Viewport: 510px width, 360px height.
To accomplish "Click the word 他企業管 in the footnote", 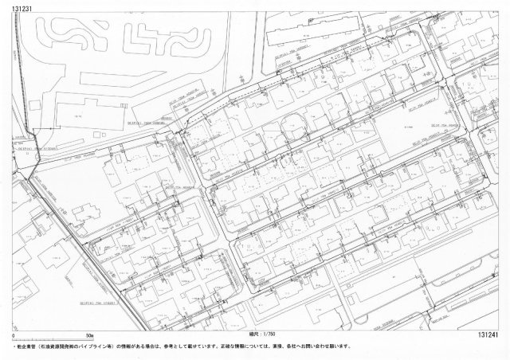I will click(x=22, y=347).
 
